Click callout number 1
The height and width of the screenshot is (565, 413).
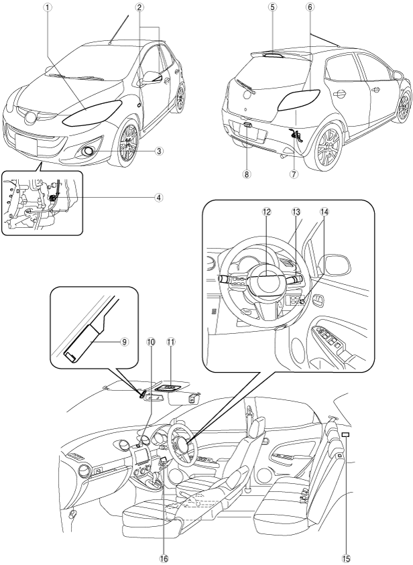(x=47, y=7)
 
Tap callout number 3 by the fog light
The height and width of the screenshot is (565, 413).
(x=159, y=151)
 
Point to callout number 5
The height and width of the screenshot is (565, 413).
(x=273, y=7)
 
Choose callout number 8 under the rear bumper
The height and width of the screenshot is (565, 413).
(x=246, y=174)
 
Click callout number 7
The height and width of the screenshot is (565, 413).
(x=294, y=174)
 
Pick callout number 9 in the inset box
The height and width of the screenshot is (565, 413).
(x=124, y=341)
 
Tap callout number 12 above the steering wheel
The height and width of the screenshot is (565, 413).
(x=266, y=212)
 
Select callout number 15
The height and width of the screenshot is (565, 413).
(x=346, y=558)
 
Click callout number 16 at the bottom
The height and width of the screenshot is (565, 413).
(x=164, y=558)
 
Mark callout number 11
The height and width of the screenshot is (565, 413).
(x=171, y=341)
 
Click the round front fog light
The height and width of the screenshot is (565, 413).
(x=87, y=151)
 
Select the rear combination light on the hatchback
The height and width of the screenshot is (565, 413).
(x=298, y=100)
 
